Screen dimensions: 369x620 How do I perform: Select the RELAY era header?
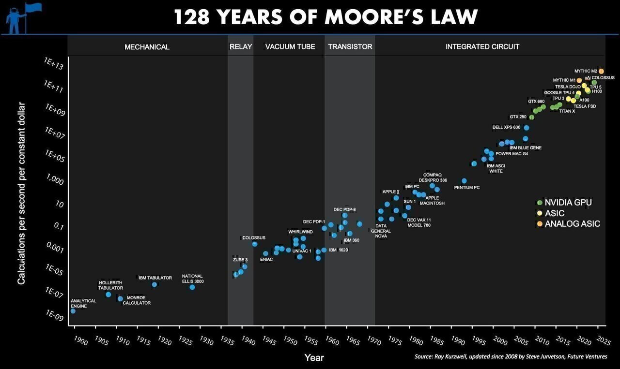click(240, 47)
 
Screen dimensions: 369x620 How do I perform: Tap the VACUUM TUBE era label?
click(290, 47)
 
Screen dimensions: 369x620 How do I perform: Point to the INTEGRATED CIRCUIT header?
click(482, 47)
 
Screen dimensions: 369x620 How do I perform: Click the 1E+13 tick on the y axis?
click(53, 63)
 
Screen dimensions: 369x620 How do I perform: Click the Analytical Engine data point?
click(73, 311)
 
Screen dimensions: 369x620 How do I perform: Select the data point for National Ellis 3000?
click(192, 287)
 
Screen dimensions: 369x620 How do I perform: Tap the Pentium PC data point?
click(464, 181)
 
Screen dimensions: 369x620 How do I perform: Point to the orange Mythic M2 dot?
click(601, 71)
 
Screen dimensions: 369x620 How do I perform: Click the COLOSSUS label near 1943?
click(254, 237)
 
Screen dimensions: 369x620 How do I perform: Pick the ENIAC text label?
click(266, 260)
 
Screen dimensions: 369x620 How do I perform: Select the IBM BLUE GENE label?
click(526, 148)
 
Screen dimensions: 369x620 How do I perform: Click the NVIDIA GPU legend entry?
click(568, 203)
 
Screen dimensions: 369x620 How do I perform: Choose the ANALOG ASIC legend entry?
click(572, 224)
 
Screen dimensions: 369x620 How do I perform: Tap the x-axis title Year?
click(314, 358)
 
